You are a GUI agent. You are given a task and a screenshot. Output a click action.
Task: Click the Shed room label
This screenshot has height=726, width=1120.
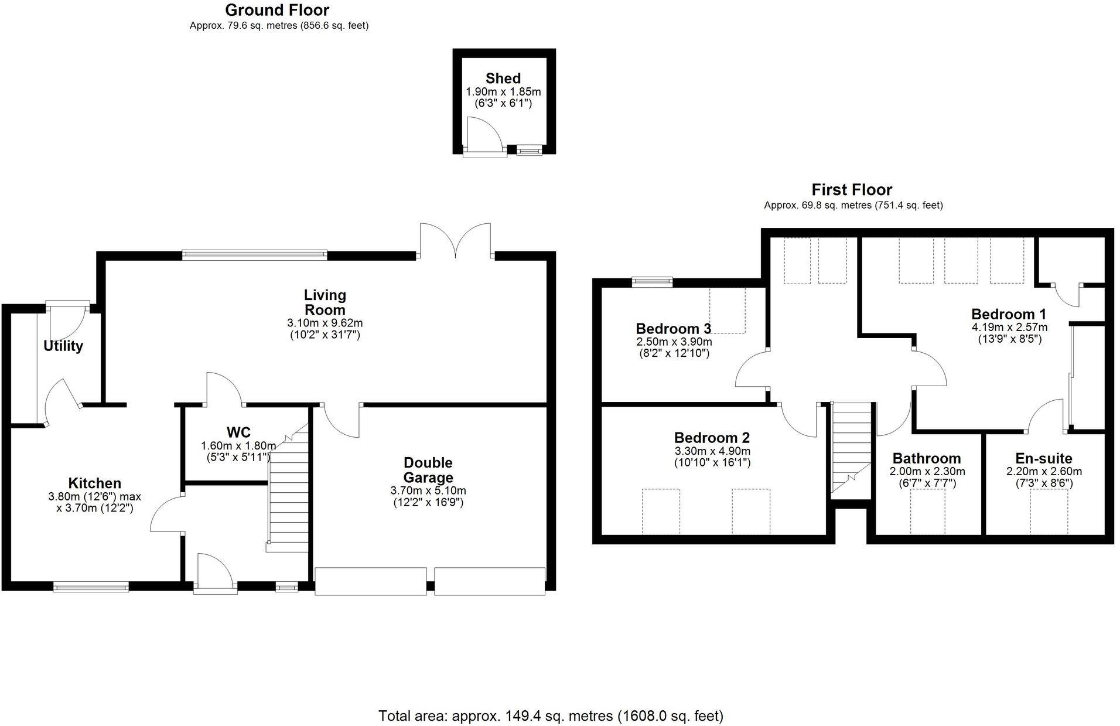click(503, 79)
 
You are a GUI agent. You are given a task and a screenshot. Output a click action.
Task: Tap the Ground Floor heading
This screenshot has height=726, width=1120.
click(277, 10)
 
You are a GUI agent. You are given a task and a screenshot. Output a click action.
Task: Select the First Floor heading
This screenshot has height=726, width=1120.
click(852, 190)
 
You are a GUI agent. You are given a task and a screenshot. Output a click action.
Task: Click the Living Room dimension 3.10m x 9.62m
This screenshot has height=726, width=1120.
click(325, 323)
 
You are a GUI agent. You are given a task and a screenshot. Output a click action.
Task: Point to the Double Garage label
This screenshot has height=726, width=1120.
click(428, 470)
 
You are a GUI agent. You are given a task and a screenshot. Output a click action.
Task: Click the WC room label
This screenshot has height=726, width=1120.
click(238, 432)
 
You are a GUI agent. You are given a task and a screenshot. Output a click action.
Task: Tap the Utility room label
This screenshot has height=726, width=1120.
click(63, 346)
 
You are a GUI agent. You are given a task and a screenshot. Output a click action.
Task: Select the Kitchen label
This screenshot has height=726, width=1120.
click(95, 483)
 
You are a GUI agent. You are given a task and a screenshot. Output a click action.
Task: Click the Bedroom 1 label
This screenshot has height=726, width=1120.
click(1009, 314)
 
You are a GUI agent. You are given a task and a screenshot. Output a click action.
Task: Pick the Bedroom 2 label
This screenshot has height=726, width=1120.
click(712, 438)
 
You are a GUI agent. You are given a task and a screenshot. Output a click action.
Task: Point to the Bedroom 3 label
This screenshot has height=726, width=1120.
click(674, 328)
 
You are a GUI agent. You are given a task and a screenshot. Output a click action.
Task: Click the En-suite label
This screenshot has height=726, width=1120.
click(1044, 458)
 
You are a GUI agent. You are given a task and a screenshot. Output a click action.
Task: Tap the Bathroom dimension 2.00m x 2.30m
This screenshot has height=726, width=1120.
click(927, 472)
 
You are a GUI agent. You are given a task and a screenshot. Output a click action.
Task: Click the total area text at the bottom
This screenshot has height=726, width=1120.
click(551, 715)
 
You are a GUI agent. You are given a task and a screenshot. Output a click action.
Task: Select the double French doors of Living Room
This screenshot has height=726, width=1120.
click(455, 241)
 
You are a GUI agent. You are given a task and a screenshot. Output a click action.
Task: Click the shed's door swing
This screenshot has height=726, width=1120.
click(484, 135)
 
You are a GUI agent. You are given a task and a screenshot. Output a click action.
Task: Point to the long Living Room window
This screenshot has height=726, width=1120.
click(254, 254)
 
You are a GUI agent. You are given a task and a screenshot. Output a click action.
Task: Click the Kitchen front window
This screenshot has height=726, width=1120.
click(90, 586)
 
